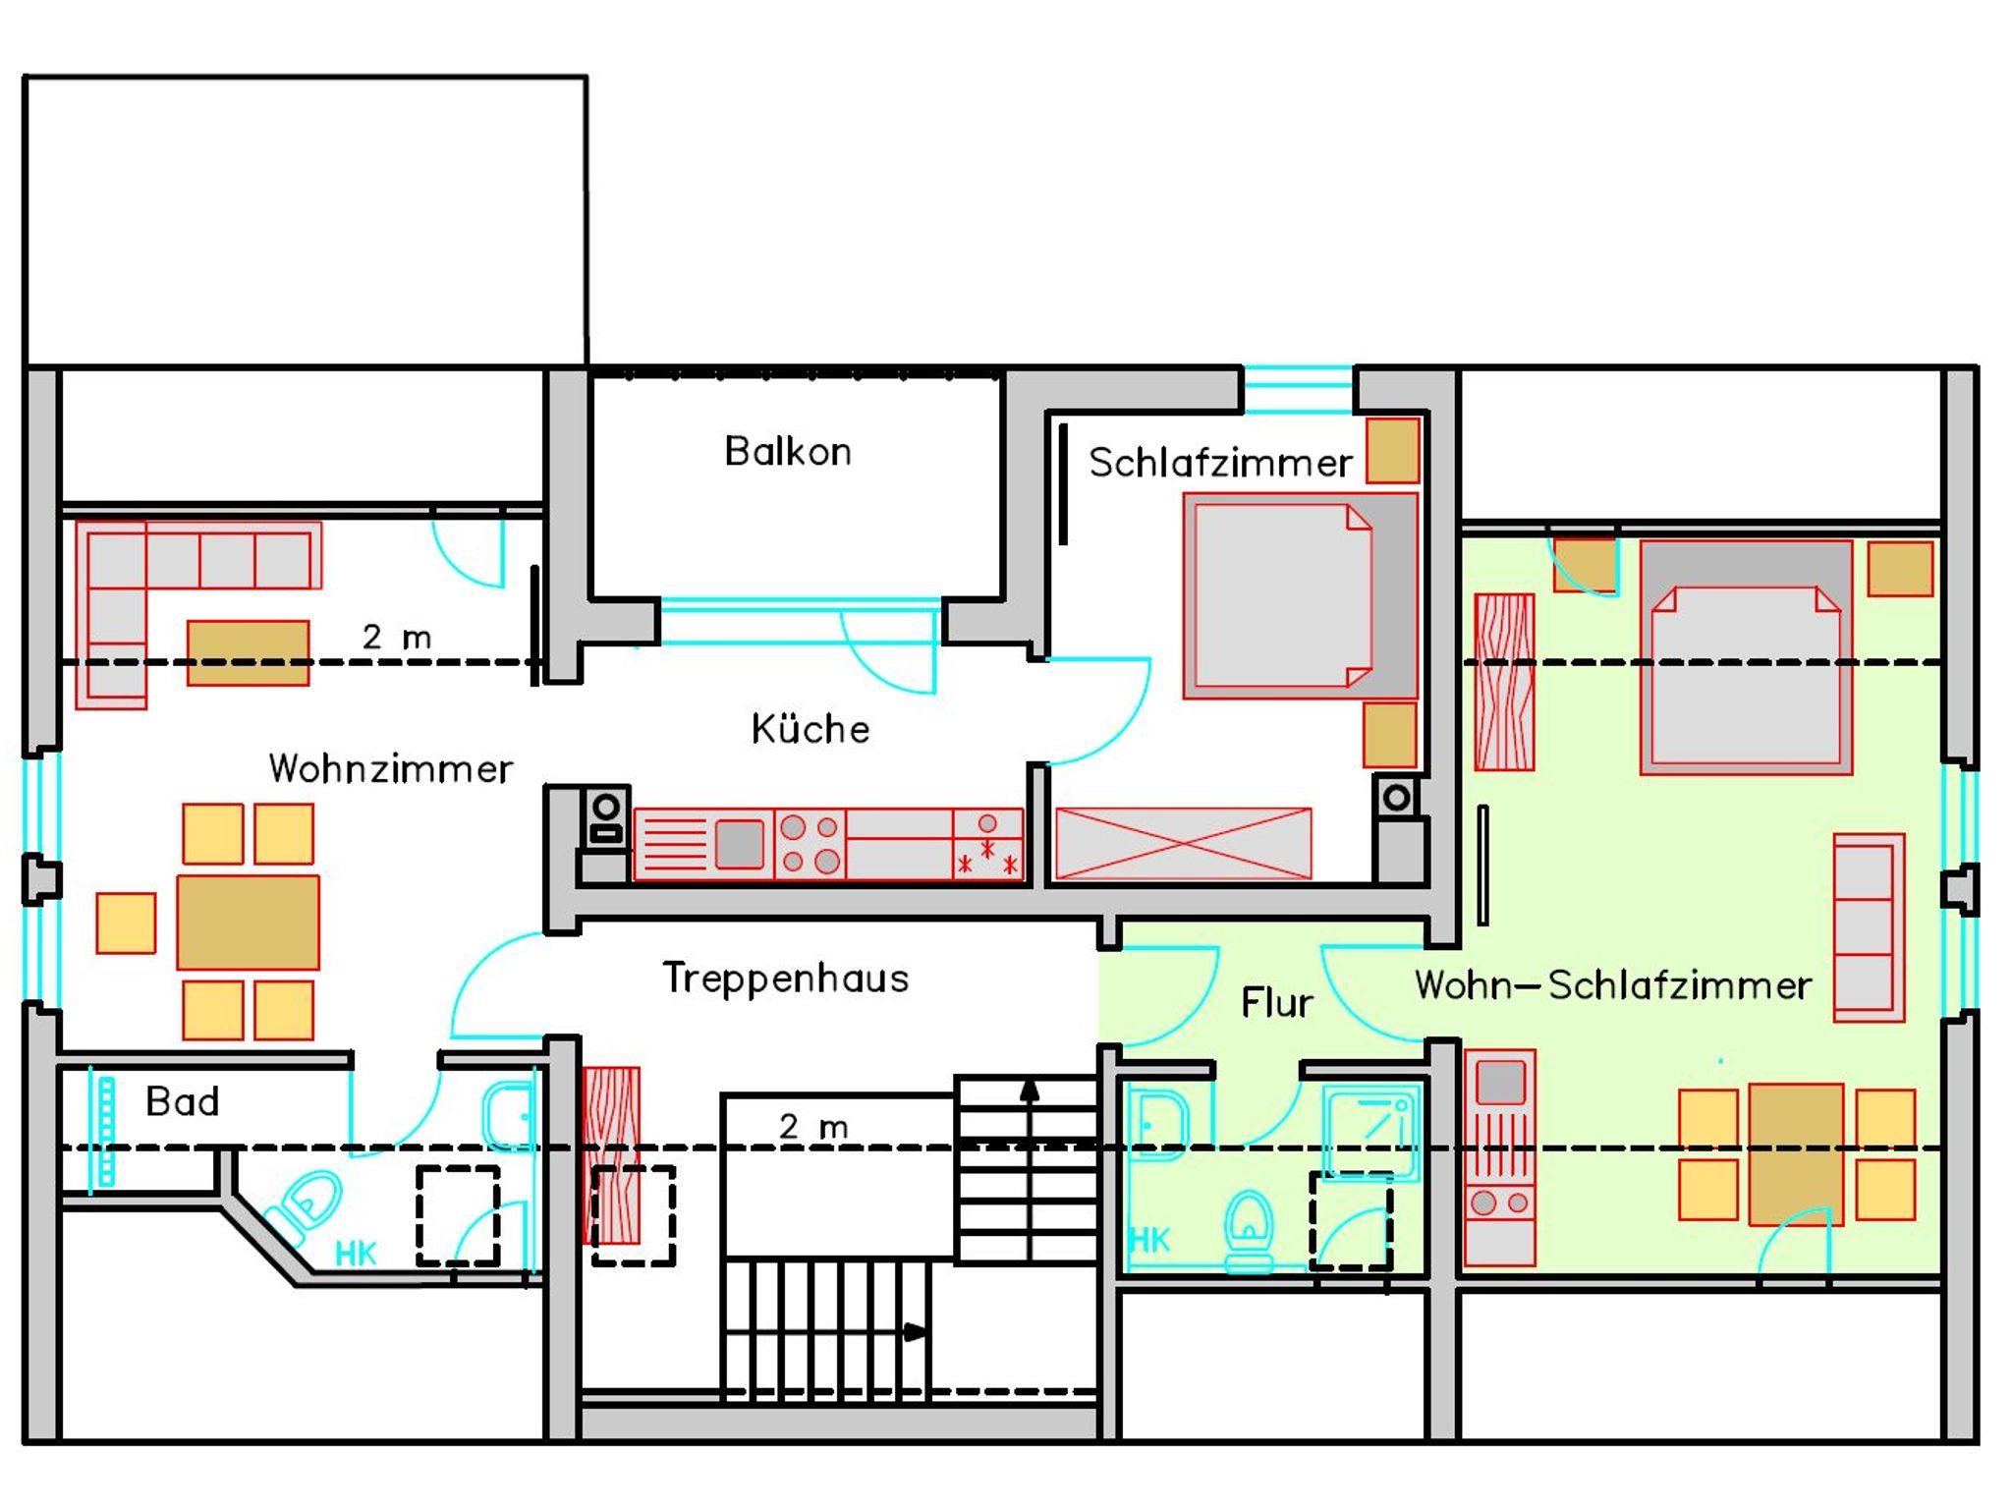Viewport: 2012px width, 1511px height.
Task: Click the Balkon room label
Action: point(788,452)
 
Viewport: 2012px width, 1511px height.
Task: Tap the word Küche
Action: point(810,729)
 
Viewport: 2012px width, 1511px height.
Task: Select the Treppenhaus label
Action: point(786,979)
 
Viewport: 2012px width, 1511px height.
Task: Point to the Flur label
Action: point(1276,1003)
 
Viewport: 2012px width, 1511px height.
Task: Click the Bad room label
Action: point(182,1101)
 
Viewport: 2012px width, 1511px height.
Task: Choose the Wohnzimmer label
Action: point(390,768)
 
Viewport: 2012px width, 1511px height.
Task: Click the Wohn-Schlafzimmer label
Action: point(1613,985)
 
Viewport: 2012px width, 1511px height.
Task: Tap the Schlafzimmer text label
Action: point(1220,463)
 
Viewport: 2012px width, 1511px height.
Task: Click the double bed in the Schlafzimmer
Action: point(1300,596)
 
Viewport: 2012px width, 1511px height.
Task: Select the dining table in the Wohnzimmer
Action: point(248,923)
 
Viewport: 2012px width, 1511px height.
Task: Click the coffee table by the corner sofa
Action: point(248,652)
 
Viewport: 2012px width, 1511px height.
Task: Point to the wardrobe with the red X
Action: point(1183,843)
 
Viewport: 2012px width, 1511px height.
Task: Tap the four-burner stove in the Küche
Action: point(810,844)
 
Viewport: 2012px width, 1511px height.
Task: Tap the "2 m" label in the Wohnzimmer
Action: point(397,638)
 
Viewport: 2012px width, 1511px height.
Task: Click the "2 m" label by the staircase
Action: point(813,1127)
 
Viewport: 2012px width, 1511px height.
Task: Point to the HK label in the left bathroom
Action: point(356,1254)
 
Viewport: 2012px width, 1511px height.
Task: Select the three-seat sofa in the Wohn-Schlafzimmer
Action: point(1869,927)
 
